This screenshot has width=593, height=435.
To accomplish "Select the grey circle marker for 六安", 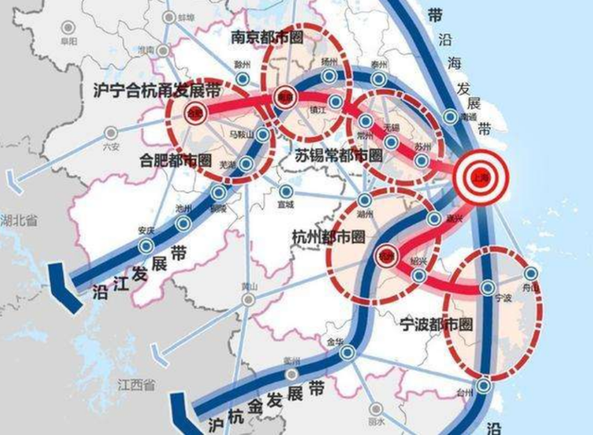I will tap(112, 134).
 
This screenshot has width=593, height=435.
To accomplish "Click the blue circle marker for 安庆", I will tap(145, 245).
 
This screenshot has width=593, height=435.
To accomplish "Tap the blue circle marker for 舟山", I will tap(530, 274).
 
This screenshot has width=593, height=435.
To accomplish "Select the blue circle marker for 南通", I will tap(449, 117).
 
